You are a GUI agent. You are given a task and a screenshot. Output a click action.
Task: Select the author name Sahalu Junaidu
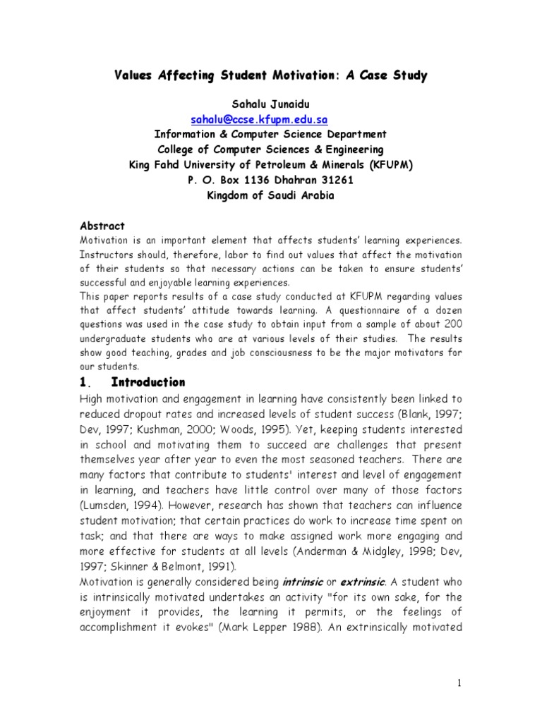point(270,104)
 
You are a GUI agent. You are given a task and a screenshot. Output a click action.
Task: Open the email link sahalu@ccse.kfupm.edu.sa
point(259,120)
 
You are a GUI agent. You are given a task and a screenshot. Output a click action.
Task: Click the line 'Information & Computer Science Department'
point(270,135)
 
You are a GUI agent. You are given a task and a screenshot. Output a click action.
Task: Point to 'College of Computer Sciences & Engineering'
point(270,149)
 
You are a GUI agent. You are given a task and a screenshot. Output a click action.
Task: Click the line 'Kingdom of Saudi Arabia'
point(270,195)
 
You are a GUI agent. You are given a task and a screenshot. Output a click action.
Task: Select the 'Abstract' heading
point(102,226)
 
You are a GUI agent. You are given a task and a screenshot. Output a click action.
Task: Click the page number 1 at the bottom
point(459,683)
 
